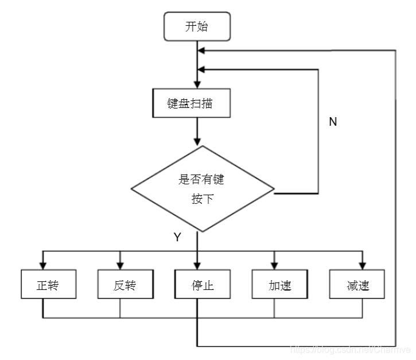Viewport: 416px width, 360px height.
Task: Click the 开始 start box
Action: [197, 28]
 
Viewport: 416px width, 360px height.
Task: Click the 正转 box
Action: [48, 285]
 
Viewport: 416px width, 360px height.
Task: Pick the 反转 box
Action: [125, 285]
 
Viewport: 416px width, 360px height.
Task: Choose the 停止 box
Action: [202, 285]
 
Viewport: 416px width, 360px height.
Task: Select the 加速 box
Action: [279, 285]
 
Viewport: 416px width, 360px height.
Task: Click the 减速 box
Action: [357, 285]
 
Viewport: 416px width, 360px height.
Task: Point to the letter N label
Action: [333, 122]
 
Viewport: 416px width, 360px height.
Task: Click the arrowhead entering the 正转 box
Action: [43, 265]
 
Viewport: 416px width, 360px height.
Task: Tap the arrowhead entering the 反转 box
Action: [119, 265]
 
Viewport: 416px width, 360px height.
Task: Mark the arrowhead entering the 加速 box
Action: [274, 265]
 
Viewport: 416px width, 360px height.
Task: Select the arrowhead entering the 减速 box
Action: [362, 265]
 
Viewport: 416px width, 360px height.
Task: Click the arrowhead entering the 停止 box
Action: [197, 265]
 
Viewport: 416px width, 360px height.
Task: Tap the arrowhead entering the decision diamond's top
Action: [197, 141]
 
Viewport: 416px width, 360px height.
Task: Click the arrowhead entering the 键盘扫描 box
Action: [197, 84]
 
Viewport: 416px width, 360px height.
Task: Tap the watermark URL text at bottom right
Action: [350, 349]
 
